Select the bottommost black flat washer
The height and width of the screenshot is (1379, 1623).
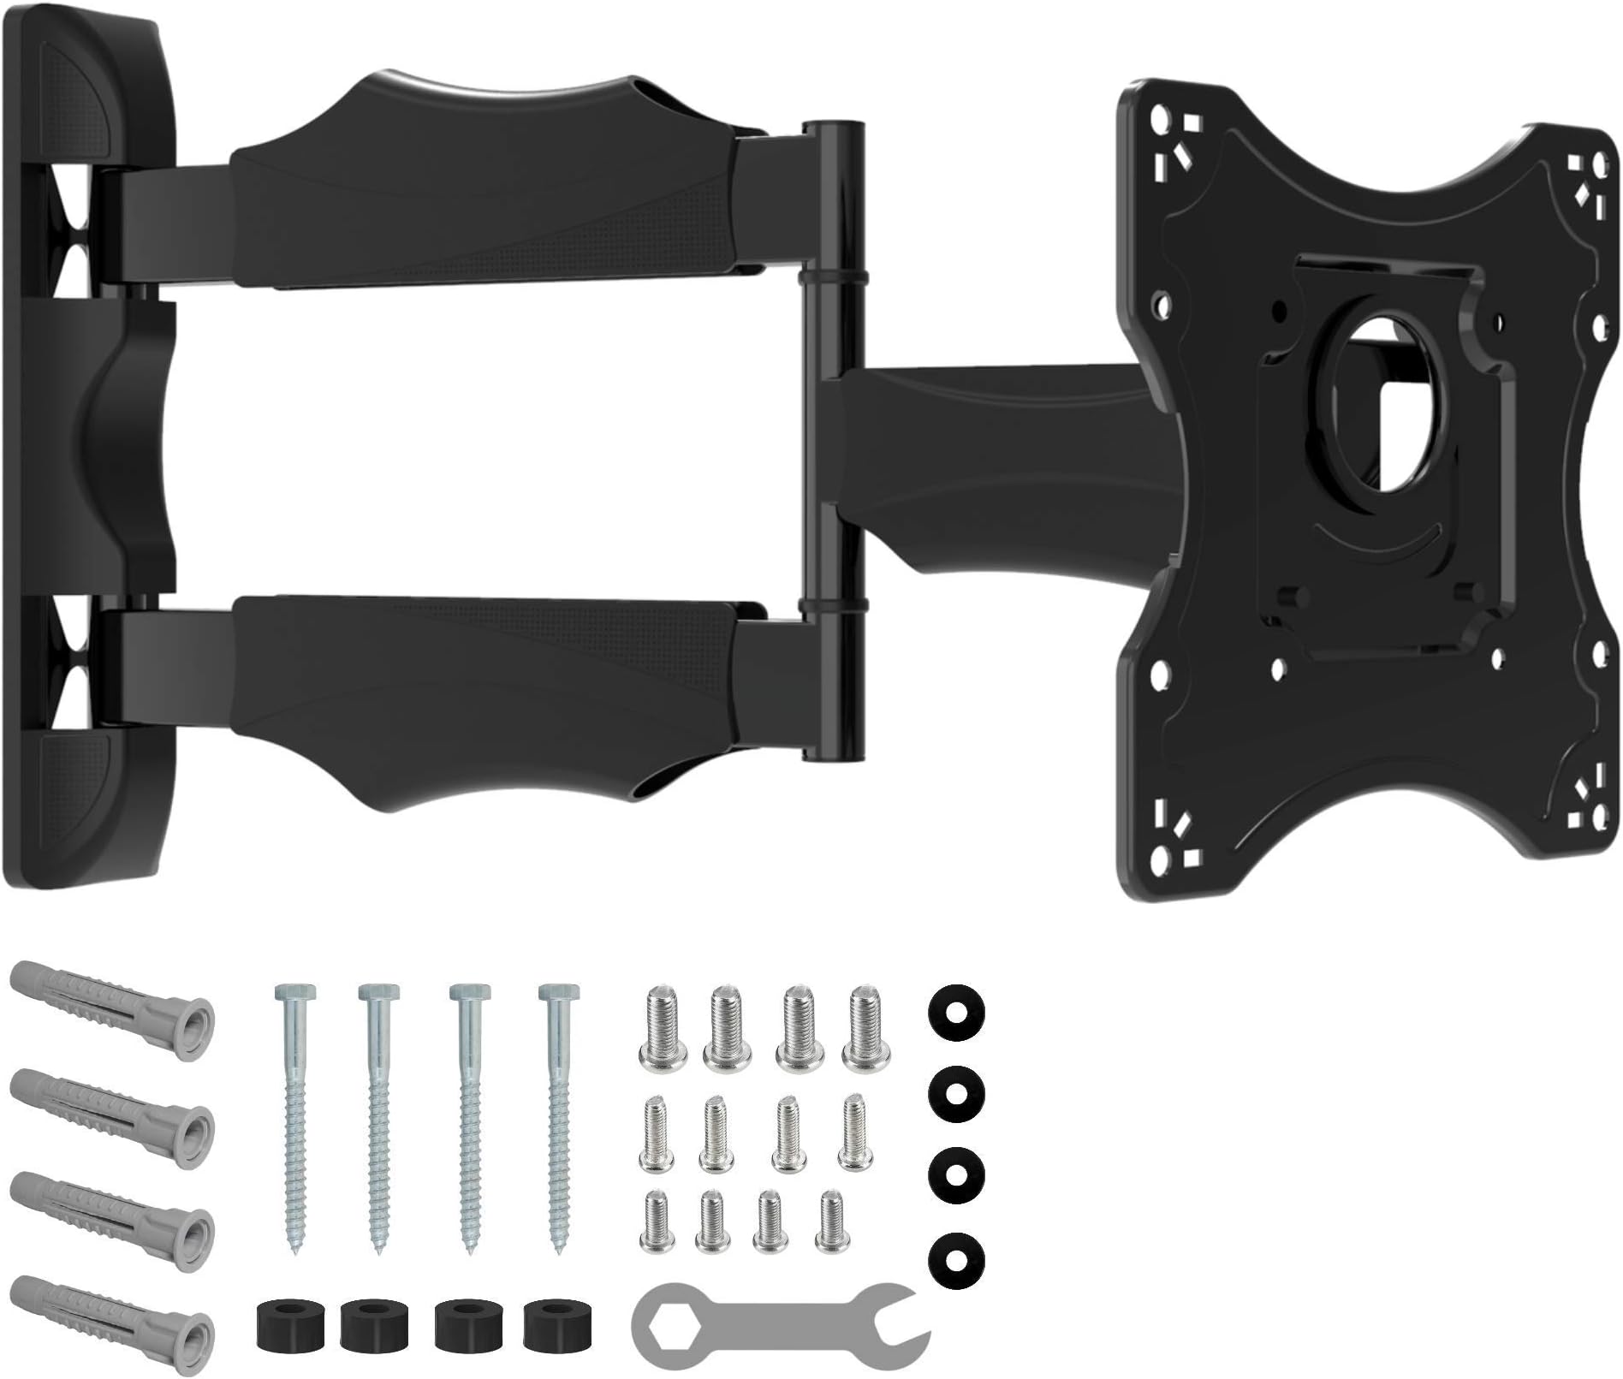[955, 1255]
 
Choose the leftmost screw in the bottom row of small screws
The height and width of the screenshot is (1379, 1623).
[655, 1219]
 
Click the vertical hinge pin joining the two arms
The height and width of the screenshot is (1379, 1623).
[832, 445]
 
